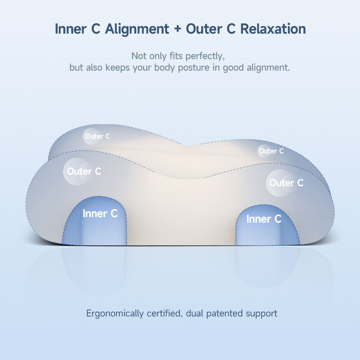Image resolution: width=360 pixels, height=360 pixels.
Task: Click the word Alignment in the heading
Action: point(137,29)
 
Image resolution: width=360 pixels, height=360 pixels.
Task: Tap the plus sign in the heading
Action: point(177,29)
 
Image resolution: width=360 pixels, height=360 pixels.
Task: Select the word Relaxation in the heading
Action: point(273,29)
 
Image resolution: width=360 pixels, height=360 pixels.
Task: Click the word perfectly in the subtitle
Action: point(205,56)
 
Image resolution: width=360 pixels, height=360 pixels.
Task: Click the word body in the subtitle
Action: point(165,68)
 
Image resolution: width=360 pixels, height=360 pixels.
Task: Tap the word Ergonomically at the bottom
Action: point(115,314)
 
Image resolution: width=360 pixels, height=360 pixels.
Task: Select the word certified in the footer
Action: point(165,314)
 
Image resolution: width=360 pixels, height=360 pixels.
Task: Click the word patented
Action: point(224,314)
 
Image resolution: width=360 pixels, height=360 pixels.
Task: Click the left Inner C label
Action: point(100,214)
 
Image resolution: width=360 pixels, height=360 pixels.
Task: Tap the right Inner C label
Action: point(264,219)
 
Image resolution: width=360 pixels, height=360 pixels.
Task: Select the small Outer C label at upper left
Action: point(98,136)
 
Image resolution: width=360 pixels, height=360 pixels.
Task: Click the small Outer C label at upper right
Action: point(271,151)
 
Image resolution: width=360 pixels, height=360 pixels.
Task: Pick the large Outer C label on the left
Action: point(84,171)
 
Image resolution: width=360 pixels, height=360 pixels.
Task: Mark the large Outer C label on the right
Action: point(287,183)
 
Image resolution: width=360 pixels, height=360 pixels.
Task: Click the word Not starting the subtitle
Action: point(139,56)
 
